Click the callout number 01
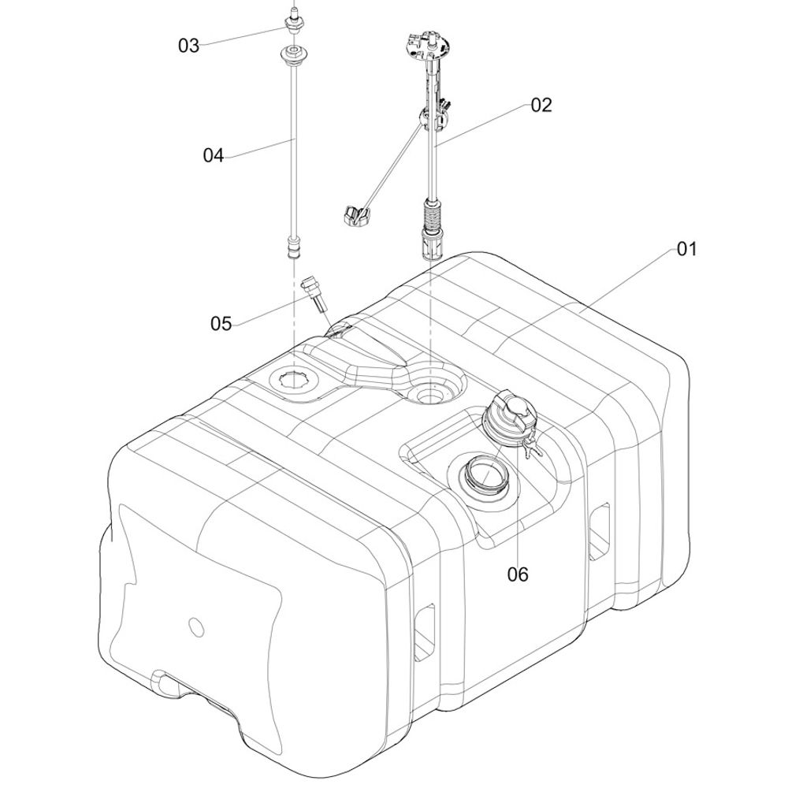[687, 249]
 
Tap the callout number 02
[541, 105]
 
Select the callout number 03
[189, 46]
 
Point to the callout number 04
[213, 155]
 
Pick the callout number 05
[221, 324]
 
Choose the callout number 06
[519, 574]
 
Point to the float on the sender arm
[356, 216]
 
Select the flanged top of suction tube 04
[292, 54]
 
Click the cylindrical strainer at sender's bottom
[432, 243]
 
